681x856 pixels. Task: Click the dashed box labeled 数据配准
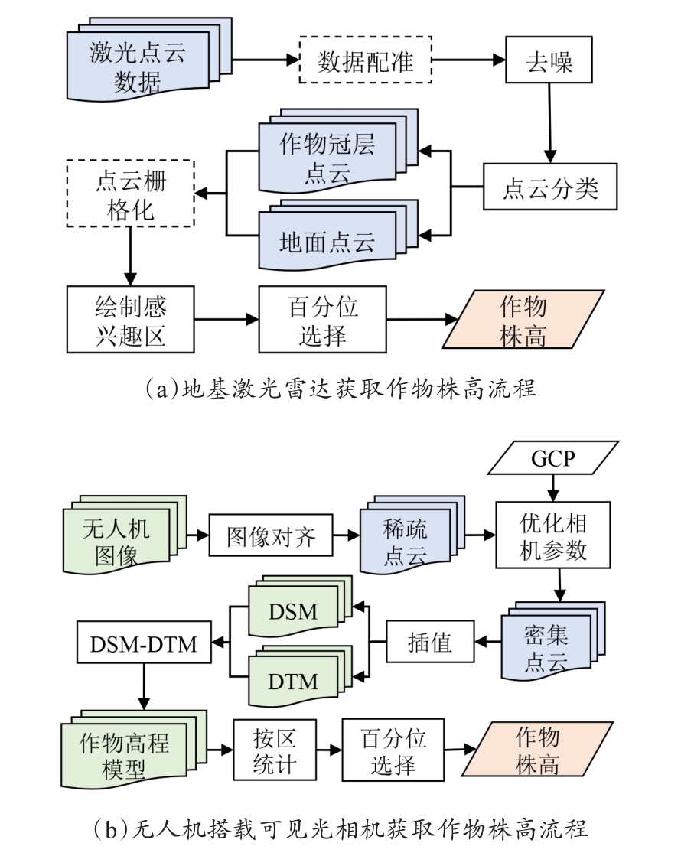point(365,60)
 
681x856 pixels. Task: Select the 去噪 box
point(549,60)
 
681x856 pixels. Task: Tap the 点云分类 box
point(550,187)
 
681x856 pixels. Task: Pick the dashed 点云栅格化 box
point(131,194)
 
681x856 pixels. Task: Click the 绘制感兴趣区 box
point(131,319)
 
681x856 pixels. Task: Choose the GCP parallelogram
point(552,457)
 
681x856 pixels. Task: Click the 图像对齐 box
point(271,535)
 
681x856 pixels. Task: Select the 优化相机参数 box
point(552,535)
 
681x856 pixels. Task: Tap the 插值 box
point(430,642)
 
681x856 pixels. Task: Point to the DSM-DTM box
point(144,643)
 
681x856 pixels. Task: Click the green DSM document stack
point(300,606)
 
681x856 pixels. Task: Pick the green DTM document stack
point(300,676)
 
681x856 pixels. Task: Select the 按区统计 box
point(275,750)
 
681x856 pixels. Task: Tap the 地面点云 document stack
point(338,235)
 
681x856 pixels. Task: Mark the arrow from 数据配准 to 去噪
point(468,60)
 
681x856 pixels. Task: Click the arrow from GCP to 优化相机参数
point(552,488)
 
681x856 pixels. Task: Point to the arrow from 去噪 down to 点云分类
point(549,123)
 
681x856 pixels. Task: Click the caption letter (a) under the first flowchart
point(162,389)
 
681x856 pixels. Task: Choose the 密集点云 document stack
point(553,640)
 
